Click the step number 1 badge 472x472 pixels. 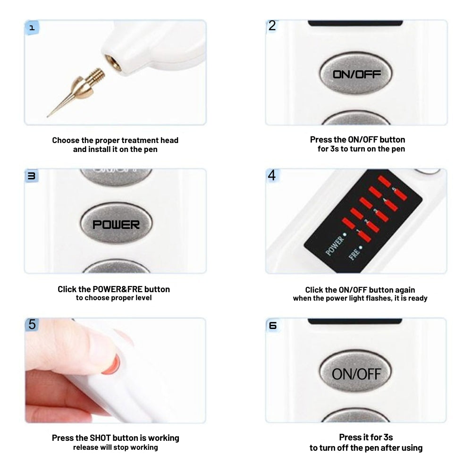[x=32, y=27]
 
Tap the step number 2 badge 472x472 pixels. [x=272, y=26]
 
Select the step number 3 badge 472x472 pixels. [x=32, y=176]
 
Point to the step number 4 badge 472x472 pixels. [x=272, y=175]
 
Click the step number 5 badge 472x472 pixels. [x=32, y=324]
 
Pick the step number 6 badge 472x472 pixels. [x=272, y=325]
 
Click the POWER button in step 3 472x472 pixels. [x=116, y=224]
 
